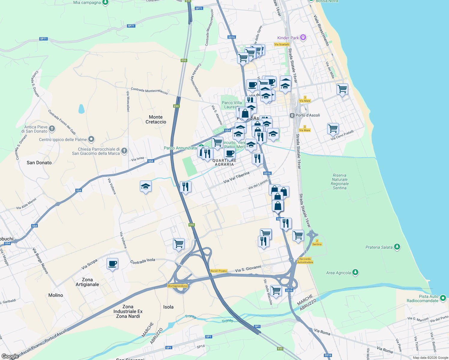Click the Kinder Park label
coord(288,38)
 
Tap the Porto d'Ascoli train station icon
coord(292,115)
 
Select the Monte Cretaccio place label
coord(156,119)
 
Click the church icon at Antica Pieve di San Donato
coord(52,129)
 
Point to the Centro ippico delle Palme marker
coord(92,139)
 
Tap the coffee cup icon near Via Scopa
coord(112,264)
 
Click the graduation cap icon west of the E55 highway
coord(146,187)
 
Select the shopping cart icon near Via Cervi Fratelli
coord(333,128)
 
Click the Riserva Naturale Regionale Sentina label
coord(339,181)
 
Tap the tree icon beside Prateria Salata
coord(397,247)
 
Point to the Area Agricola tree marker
coord(355,272)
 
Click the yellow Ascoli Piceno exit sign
coord(218,271)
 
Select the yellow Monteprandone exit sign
coord(177,286)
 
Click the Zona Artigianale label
coord(87,282)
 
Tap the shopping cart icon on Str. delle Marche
coord(276,290)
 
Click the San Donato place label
coord(39,163)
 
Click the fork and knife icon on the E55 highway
coord(185,187)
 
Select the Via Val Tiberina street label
coord(237,178)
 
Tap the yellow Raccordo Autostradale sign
coord(305,260)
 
